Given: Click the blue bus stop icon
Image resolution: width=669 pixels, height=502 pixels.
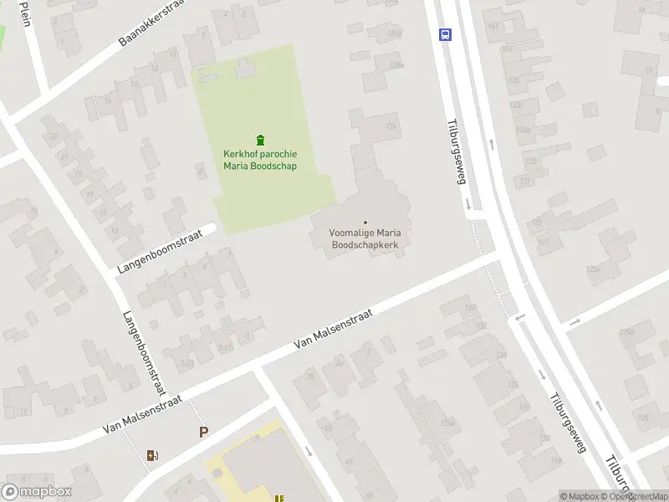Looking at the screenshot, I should tap(446, 35).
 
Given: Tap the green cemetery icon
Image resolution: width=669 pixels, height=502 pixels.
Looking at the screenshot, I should tap(260, 140).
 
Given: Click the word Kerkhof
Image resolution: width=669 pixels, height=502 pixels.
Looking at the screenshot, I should tap(240, 154).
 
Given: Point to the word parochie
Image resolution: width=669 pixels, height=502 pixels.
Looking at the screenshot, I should tap(278, 154).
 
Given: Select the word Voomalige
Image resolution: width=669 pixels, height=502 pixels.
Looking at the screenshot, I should tap(351, 233).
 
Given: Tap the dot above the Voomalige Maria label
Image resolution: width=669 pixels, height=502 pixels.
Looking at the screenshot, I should tap(365, 222).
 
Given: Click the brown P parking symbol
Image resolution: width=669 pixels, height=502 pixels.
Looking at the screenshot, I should tap(202, 433).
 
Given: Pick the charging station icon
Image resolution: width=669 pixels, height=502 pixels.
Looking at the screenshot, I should tap(152, 455).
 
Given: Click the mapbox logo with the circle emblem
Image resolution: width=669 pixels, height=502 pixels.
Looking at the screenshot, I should tap(37, 492).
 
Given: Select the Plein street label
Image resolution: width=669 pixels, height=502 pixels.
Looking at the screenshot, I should tap(25, 13).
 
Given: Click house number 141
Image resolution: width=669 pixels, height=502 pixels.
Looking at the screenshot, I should tap(493, 27).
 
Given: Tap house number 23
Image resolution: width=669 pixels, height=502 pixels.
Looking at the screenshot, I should tap(54, 136).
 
